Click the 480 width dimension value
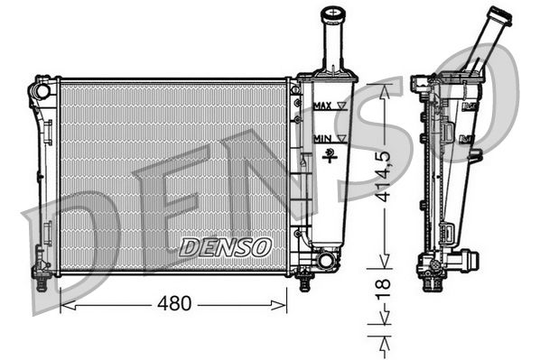(x=174, y=304)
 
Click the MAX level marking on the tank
(x=322, y=106)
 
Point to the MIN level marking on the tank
(x=321, y=138)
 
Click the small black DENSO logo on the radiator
(x=225, y=245)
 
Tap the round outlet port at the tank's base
(x=325, y=262)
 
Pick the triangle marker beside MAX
(x=340, y=106)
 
